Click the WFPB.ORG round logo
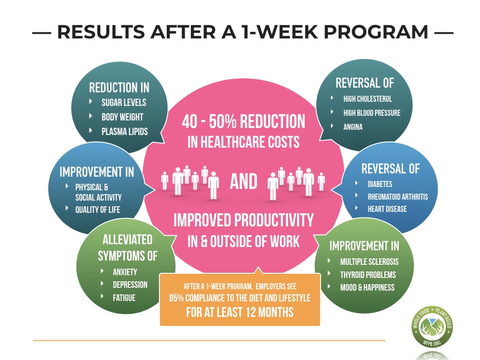pos(432,327)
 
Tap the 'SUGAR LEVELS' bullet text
pos(124,103)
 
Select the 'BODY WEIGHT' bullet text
pos(122,117)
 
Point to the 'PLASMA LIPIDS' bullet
pos(125,132)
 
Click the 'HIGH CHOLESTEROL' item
pos(367,99)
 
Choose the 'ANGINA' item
pos(352,127)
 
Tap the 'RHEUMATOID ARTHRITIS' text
pos(397,196)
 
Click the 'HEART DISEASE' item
pos(387,209)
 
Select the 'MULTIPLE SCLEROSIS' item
pos(369,262)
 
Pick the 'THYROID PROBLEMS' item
pos(368,275)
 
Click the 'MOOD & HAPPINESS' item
pos(367,287)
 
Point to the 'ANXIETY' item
pos(125,272)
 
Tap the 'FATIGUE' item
pos(124,298)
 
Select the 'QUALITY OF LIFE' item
pos(97,210)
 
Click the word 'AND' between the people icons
pos(244,181)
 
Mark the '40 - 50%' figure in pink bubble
pos(209,121)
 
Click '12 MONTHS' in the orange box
pos(265,312)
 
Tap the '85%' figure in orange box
pos(176,298)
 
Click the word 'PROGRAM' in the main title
pos(375,32)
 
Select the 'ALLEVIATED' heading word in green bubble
pos(127,240)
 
